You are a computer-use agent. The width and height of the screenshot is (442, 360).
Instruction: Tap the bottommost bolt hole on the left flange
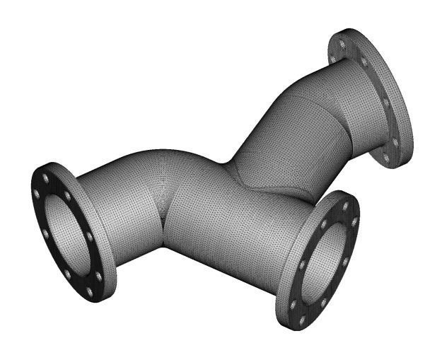pos(91,291)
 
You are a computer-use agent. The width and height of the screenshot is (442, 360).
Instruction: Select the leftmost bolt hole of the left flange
pos(37,192)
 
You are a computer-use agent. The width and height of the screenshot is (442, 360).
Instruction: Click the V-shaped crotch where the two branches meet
pos(228,167)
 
